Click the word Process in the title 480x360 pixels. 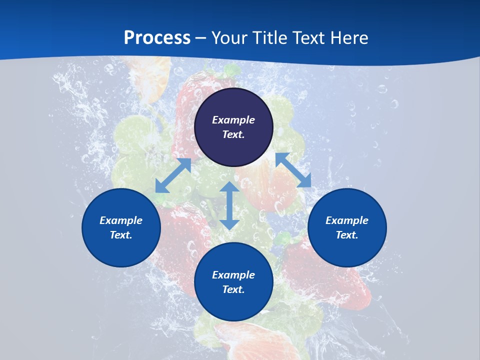(x=157, y=38)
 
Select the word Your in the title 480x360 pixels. (x=227, y=38)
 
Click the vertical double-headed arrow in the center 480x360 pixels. (x=229, y=205)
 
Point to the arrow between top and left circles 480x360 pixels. (x=173, y=175)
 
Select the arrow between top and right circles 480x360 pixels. (x=293, y=170)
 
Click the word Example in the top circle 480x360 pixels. (x=233, y=120)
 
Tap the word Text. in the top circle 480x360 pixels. (x=233, y=134)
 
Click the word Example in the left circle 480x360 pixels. (x=121, y=220)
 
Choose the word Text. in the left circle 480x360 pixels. (x=121, y=235)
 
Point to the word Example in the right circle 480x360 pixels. (x=347, y=220)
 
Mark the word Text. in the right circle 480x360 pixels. (x=347, y=235)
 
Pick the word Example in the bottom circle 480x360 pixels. (x=233, y=275)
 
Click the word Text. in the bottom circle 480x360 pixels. (x=233, y=289)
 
